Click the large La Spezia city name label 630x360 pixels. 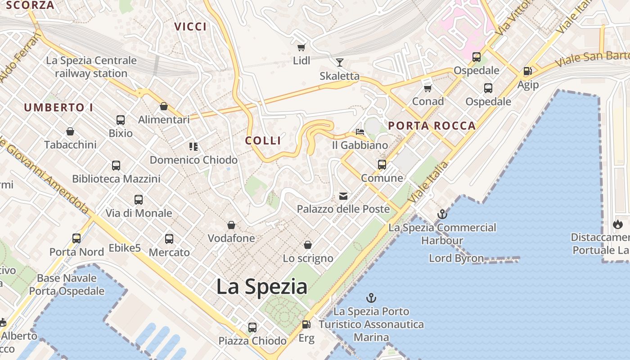262,287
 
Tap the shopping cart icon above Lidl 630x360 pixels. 301,47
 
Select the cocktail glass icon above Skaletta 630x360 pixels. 339,63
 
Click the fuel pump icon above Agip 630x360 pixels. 527,71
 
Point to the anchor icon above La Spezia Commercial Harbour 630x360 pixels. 442,214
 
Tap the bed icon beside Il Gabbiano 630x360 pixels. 360,132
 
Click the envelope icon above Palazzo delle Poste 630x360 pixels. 343,196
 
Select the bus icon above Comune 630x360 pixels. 382,165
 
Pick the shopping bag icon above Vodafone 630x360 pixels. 231,225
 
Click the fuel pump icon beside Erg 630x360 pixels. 306,324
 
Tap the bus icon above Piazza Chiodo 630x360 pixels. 252,327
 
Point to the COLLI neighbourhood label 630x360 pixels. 263,140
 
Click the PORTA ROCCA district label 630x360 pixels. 432,126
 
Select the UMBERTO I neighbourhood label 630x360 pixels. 58,108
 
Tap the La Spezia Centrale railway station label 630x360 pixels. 91,67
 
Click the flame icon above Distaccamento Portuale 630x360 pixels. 617,224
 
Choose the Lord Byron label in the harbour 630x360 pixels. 456,258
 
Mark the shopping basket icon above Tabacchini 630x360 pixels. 70,132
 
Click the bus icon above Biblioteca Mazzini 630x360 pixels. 116,166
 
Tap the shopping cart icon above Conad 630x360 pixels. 427,88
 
